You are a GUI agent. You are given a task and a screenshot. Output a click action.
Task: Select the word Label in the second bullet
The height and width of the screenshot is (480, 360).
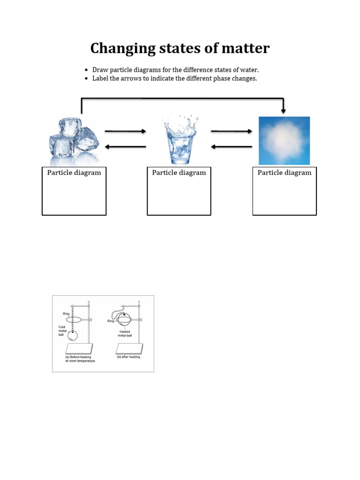pyautogui.click(x=101, y=78)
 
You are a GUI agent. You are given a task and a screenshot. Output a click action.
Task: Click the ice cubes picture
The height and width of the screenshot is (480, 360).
pyautogui.click(x=74, y=140)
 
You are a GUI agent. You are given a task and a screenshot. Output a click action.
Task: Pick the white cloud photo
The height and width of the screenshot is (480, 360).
pyautogui.click(x=284, y=140)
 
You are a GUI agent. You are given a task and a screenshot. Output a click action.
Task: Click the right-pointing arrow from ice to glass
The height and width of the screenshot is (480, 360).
pyautogui.click(x=125, y=132)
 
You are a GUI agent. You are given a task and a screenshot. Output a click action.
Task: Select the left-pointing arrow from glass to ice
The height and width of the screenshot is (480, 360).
pyautogui.click(x=125, y=147)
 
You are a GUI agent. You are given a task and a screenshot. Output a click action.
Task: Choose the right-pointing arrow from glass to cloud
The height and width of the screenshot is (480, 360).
pyautogui.click(x=232, y=132)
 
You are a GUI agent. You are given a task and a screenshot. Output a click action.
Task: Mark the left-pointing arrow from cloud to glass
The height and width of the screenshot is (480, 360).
pyautogui.click(x=232, y=147)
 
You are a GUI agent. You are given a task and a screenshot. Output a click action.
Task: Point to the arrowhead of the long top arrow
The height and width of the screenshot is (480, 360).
pyautogui.click(x=283, y=111)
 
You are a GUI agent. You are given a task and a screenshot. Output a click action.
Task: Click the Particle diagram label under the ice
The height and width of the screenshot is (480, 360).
pyautogui.click(x=74, y=172)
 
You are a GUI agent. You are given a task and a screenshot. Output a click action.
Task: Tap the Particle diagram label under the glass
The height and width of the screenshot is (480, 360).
pyautogui.click(x=179, y=172)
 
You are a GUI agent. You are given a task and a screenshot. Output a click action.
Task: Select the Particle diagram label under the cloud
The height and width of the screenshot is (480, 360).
pyautogui.click(x=285, y=172)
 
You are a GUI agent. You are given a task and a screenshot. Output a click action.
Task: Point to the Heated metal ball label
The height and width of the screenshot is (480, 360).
pyautogui.click(x=125, y=333)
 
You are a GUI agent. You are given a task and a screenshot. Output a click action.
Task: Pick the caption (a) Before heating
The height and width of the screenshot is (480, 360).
pyautogui.click(x=81, y=359)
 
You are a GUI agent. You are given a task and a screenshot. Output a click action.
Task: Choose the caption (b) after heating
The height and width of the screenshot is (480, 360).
pyautogui.click(x=128, y=357)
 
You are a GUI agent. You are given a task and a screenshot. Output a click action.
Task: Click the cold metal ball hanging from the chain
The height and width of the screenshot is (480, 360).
pyautogui.click(x=73, y=335)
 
